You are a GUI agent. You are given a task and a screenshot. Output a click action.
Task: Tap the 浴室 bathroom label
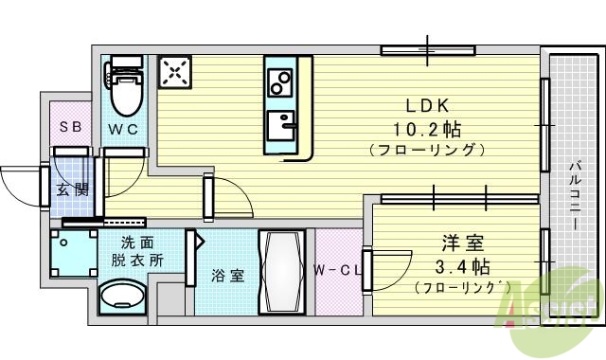tap(227, 276)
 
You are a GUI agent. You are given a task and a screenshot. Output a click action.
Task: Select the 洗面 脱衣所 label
tap(142, 250)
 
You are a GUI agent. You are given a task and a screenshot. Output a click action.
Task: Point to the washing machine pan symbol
tap(73, 253)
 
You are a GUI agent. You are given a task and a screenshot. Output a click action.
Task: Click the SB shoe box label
tap(71, 126)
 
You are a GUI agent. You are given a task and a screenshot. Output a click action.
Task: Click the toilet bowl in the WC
tap(125, 90)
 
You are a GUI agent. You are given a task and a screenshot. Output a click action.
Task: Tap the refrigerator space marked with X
tap(175, 72)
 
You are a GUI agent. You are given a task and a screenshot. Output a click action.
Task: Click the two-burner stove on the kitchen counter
tap(280, 84)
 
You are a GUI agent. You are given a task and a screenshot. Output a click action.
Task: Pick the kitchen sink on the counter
tap(281, 124)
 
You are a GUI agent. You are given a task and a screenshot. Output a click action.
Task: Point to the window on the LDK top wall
tap(427, 48)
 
